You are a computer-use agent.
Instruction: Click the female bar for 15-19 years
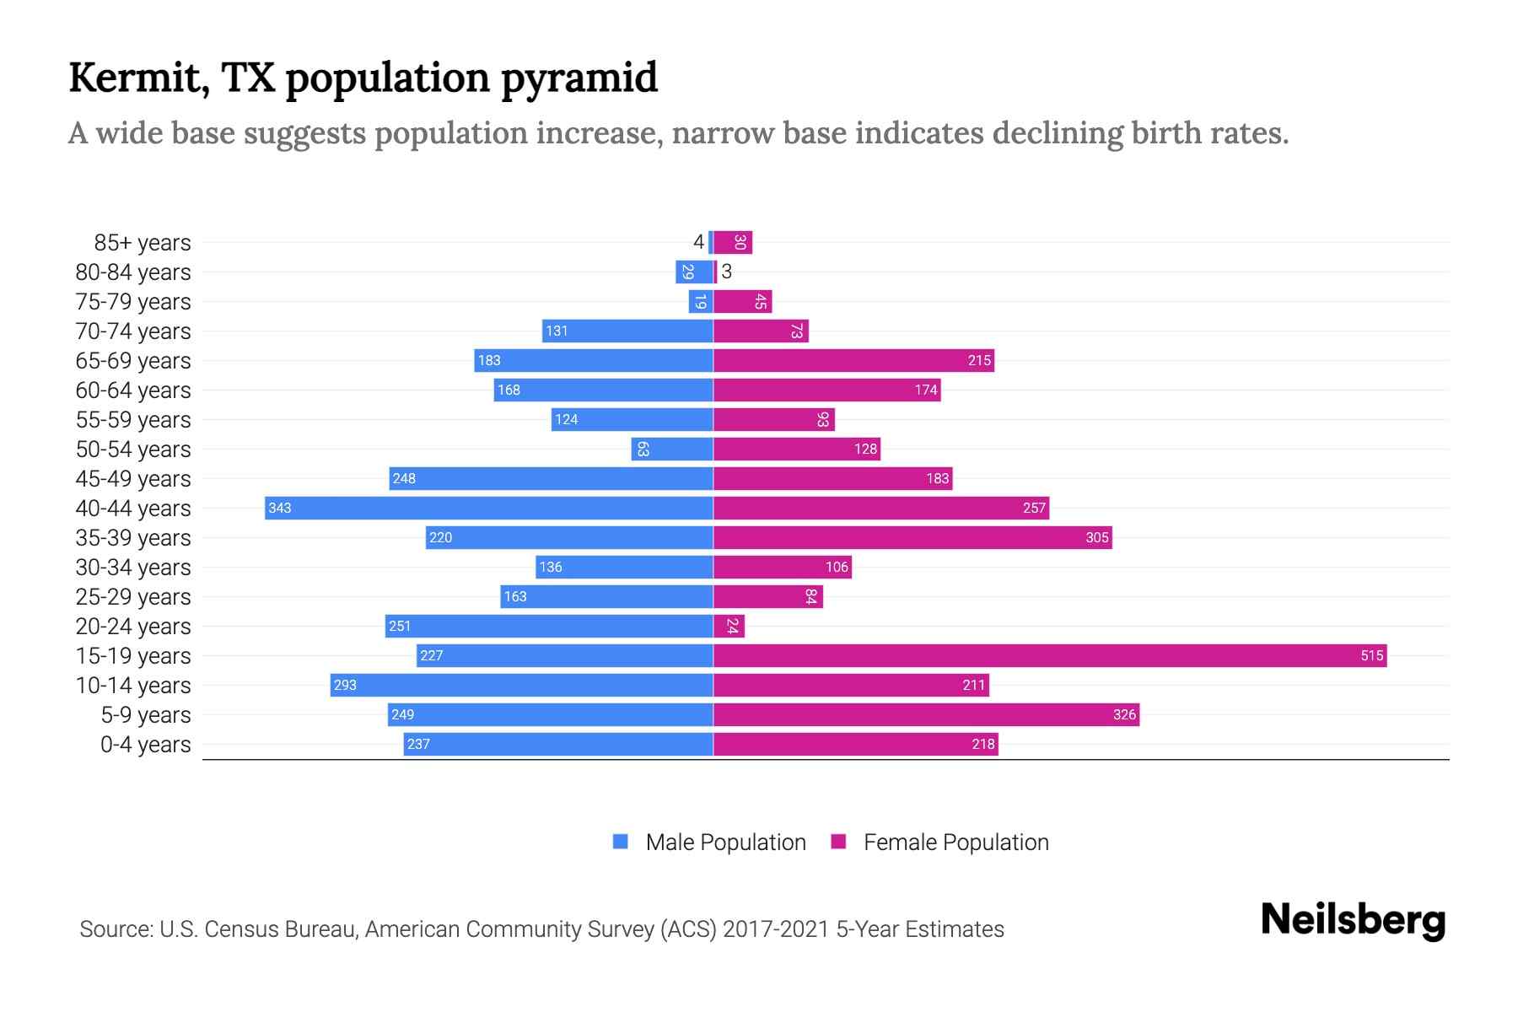pyautogui.click(x=1050, y=655)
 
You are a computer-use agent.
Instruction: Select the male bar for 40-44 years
pyautogui.click(x=489, y=508)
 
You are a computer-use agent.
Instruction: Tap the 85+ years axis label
pyautogui.click(x=142, y=243)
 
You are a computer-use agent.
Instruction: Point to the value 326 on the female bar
pyautogui.click(x=1124, y=714)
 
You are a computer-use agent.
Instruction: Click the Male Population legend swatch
pyautogui.click(x=621, y=842)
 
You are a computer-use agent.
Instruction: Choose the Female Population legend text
pyautogui.click(x=955, y=842)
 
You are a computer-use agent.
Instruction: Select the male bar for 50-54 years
pyautogui.click(x=672, y=449)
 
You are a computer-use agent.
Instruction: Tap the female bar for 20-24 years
pyautogui.click(x=729, y=626)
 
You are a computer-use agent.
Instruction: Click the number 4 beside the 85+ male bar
pyautogui.click(x=698, y=242)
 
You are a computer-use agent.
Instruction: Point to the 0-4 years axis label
pyautogui.click(x=145, y=745)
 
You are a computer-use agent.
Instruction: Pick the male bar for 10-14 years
pyautogui.click(x=521, y=685)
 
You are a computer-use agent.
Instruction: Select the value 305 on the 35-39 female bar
pyautogui.click(x=1096, y=537)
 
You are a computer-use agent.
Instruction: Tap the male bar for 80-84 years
pyautogui.click(x=694, y=272)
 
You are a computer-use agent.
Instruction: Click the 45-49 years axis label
pyautogui.click(x=133, y=479)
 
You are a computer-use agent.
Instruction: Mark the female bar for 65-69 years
pyautogui.click(x=853, y=360)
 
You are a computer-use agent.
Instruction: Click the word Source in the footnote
pyautogui.click(x=116, y=929)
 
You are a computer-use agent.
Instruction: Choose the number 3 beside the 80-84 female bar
pyautogui.click(x=727, y=272)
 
